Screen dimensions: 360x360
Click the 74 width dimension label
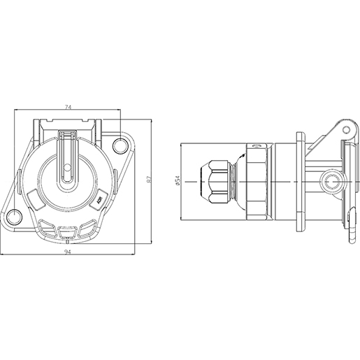(x=68, y=107)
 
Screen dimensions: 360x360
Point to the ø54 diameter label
(x=178, y=180)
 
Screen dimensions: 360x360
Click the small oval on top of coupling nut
(x=257, y=147)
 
